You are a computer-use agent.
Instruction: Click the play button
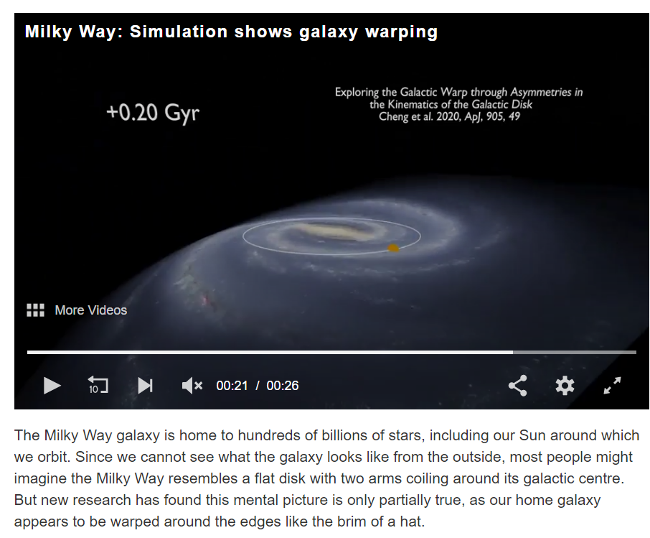52,386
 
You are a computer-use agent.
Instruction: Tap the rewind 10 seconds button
98,385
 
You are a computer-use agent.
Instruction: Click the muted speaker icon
192,386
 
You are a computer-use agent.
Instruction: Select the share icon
518,386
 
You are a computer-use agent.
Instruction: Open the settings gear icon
565,386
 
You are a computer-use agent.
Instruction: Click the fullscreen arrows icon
612,385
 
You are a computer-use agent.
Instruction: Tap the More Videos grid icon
36,310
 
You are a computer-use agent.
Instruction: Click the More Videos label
91,310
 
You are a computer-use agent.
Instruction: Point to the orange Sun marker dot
393,248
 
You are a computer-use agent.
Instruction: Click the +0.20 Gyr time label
153,113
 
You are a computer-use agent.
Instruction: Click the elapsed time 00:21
232,386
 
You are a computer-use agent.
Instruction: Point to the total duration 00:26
282,386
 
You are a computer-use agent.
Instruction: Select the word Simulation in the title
179,32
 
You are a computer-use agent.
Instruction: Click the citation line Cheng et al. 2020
449,116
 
